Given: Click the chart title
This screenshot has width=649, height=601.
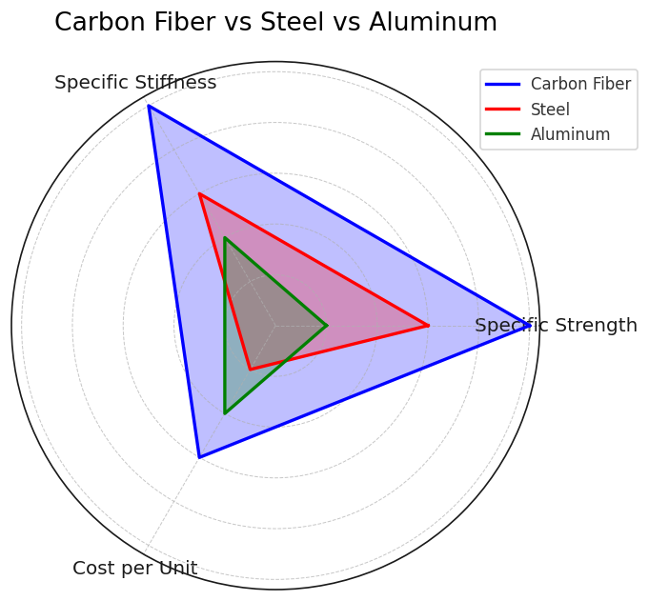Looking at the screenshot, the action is (x=275, y=22).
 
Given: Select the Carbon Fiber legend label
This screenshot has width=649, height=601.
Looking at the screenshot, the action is (x=580, y=84).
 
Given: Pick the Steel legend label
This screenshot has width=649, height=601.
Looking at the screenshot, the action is (x=550, y=110).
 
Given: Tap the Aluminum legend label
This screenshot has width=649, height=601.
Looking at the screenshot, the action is (x=570, y=134).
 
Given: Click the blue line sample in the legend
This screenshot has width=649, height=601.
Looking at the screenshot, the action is (x=502, y=84).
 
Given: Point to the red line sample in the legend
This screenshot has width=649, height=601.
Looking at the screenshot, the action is (x=502, y=110).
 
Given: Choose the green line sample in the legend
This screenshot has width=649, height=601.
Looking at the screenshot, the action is (x=502, y=134).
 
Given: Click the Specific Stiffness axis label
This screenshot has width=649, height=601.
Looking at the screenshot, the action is (x=135, y=82).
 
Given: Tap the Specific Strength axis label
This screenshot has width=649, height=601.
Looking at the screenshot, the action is (x=556, y=325).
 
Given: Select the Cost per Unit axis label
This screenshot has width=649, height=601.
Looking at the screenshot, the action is (x=135, y=568).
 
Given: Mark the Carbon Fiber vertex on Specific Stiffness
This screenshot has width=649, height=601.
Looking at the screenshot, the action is (x=148, y=106).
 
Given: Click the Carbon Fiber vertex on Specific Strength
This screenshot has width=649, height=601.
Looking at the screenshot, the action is (x=530, y=326).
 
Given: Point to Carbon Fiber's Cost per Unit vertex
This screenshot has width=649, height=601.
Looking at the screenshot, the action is (x=199, y=457).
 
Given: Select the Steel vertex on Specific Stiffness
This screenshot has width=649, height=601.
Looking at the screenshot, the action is (x=199, y=193).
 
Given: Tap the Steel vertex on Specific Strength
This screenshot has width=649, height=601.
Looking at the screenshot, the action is (x=429, y=326).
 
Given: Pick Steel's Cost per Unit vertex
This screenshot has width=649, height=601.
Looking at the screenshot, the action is (x=250, y=370).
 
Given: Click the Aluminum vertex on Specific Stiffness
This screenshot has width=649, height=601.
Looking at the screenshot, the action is (x=224, y=238).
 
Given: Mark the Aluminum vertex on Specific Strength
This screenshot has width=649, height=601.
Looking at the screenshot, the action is (x=327, y=326).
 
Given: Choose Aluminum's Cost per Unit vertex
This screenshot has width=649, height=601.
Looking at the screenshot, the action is (x=224, y=413).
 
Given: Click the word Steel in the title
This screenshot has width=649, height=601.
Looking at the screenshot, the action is (x=292, y=22).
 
